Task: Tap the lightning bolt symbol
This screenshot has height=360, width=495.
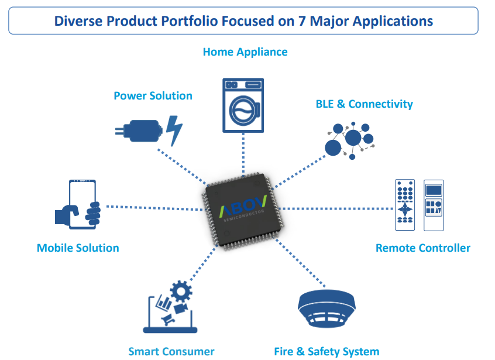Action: coord(174,130)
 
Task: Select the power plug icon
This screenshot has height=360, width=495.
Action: coord(140,130)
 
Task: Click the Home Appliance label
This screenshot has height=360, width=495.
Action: coord(245,52)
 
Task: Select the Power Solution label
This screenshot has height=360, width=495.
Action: coord(153,95)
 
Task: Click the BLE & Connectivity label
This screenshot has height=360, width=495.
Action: coord(364,104)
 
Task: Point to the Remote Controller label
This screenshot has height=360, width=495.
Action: coord(422,248)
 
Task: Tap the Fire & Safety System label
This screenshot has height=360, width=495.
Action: coord(326,351)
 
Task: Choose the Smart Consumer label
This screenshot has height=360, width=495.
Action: coord(171,351)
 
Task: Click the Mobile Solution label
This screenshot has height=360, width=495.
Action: coord(78,248)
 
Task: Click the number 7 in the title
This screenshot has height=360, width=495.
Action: coord(307,22)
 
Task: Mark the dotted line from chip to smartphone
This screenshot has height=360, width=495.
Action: coord(152,207)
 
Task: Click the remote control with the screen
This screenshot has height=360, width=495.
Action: coord(433,205)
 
